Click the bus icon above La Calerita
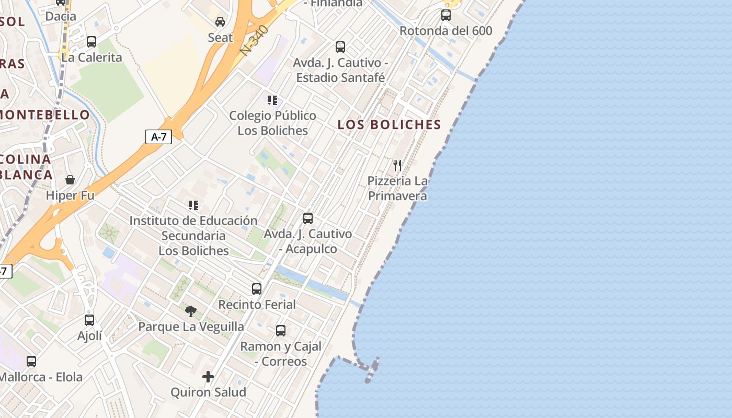click(92, 42)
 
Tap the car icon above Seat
click(220, 22)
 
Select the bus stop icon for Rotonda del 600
click(446, 15)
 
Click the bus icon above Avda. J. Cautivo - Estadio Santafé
click(340, 47)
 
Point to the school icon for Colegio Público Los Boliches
click(272, 100)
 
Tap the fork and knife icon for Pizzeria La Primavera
click(397, 166)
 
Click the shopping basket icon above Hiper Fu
click(70, 180)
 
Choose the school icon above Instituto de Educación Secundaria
click(193, 206)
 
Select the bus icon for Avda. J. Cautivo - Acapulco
click(308, 218)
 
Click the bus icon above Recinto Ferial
click(257, 289)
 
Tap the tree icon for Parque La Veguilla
click(191, 311)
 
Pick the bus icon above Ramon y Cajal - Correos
click(281, 331)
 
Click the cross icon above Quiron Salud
click(208, 377)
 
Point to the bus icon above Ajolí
click(89, 320)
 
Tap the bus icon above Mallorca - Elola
click(31, 362)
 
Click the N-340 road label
click(255, 40)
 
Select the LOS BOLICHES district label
click(390, 125)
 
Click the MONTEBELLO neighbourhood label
click(45, 114)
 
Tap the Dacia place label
click(61, 16)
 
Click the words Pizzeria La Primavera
click(397, 189)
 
